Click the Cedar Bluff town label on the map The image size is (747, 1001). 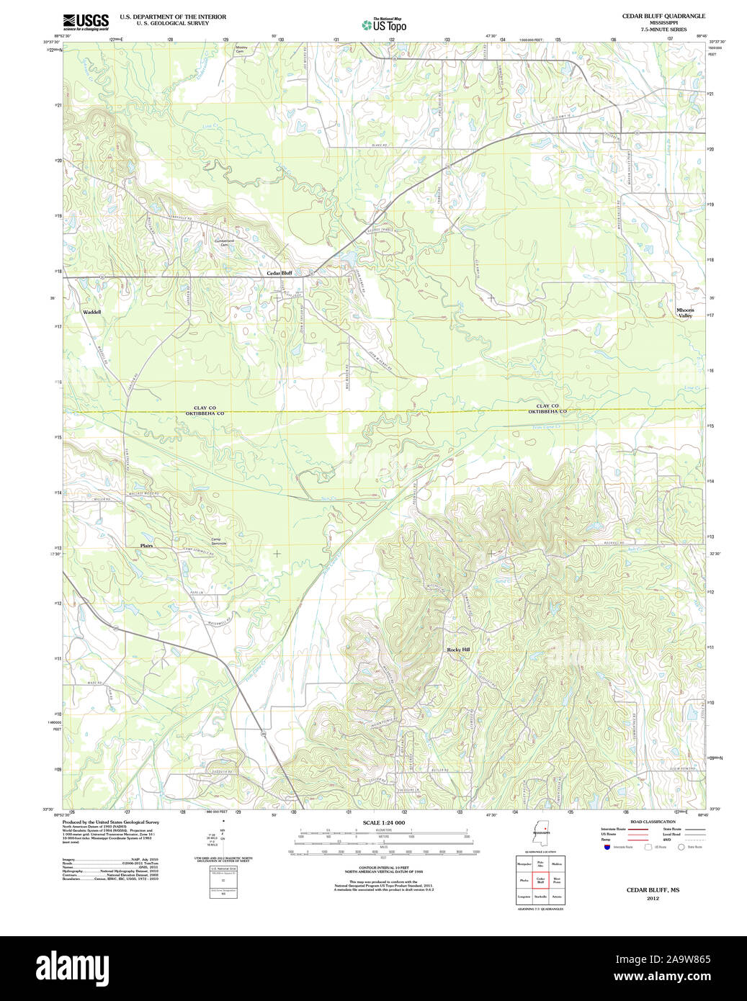pos(279,273)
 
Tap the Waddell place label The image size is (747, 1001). pos(91,312)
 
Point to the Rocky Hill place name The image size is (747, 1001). pos(458,650)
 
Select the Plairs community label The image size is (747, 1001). pos(146,546)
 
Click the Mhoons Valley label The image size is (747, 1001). pos(684,313)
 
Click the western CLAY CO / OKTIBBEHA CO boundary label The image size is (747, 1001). pos(205,410)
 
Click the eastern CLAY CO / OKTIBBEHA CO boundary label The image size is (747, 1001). pos(547,408)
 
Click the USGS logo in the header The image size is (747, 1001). pos(86,22)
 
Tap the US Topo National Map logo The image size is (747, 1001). pos(384,24)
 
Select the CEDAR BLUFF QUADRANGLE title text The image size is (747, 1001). pos(663,16)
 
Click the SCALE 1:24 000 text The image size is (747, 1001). pos(383,822)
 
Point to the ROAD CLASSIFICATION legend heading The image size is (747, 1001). pos(653,822)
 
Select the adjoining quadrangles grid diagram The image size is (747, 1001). pos(540,880)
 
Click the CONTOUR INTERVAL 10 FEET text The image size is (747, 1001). pos(383,868)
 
